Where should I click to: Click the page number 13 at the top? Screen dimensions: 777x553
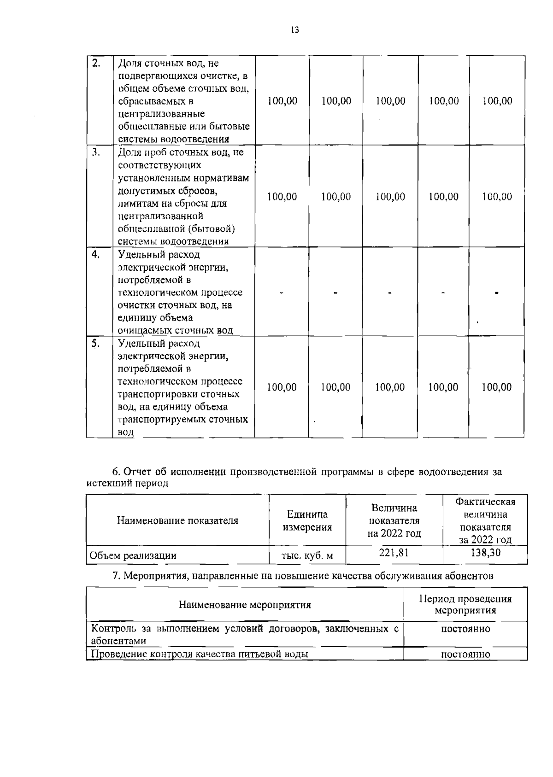pos(295,30)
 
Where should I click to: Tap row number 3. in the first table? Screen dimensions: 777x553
pos(96,152)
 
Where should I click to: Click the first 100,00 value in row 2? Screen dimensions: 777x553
pos(282,101)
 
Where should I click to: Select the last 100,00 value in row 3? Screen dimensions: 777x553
pos(497,197)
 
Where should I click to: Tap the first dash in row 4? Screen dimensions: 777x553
pos(282,292)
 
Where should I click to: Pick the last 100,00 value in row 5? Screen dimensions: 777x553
pos(497,387)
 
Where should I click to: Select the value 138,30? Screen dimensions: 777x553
pos(485,552)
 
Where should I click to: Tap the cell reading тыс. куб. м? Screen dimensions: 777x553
pos(307,556)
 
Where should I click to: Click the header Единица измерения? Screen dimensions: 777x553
pos(307,521)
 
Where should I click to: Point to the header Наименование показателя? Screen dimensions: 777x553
pos(177,521)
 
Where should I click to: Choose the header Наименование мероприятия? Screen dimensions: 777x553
pos(245,605)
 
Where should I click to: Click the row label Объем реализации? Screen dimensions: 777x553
pos(133,556)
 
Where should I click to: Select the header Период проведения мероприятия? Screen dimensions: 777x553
pos(465,605)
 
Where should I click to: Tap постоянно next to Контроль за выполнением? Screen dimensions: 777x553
pos(465,629)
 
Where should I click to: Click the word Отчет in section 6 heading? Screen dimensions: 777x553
pos(139,472)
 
